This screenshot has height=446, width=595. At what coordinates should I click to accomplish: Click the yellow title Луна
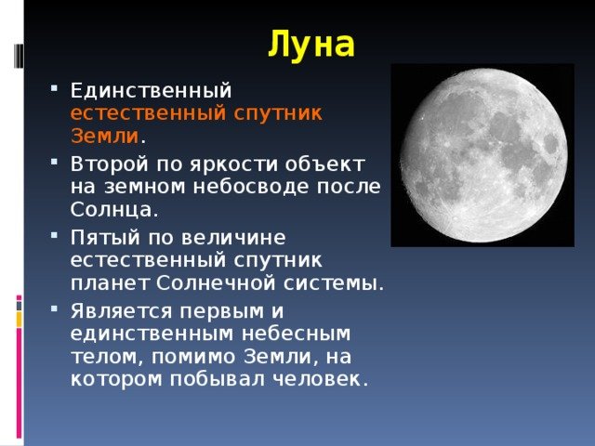pyautogui.click(x=311, y=45)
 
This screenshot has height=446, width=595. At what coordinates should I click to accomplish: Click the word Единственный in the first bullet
pyautogui.click(x=151, y=91)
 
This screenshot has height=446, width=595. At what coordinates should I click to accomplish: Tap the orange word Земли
pyautogui.click(x=105, y=136)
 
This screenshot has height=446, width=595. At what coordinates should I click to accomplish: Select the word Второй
pyautogui.click(x=109, y=164)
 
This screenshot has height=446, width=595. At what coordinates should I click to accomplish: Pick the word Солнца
pyautogui.click(x=112, y=210)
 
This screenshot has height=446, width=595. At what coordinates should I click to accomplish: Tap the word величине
pyautogui.click(x=233, y=238)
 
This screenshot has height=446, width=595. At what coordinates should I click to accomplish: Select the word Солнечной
pyautogui.click(x=216, y=283)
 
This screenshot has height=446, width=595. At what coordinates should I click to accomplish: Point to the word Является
pyautogui.click(x=122, y=311)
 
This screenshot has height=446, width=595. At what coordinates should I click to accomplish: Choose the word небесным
pyautogui.click(x=296, y=334)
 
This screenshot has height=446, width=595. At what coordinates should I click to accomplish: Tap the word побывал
pyautogui.click(x=217, y=379)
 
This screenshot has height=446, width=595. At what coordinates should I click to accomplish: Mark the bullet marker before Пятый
pyautogui.click(x=54, y=235)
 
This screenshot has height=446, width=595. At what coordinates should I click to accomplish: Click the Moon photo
pyautogui.click(x=483, y=155)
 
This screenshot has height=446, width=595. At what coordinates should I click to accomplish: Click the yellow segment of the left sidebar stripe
pyautogui.click(x=19, y=320)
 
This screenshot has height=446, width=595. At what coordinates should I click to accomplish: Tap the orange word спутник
pyautogui.click(x=277, y=113)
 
